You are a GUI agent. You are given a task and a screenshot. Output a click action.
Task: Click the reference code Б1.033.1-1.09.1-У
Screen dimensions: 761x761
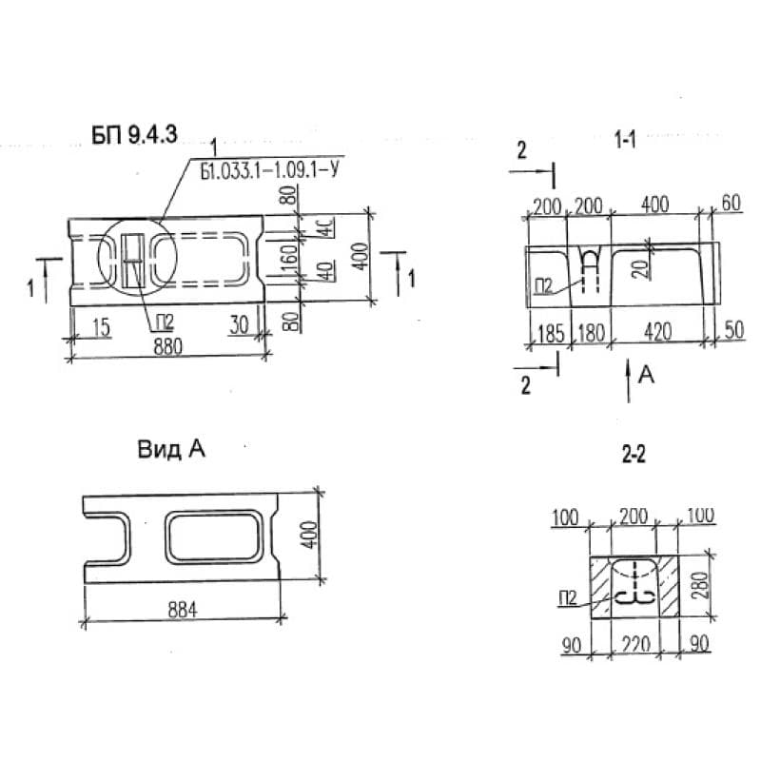click(x=272, y=170)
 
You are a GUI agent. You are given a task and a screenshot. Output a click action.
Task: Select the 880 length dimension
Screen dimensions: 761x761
click(x=166, y=347)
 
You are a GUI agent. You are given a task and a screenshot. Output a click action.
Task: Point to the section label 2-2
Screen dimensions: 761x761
click(x=634, y=456)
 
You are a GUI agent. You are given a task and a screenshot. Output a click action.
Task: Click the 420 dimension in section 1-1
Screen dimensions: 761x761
click(x=657, y=332)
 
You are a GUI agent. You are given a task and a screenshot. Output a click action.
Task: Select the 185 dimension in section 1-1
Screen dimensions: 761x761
click(x=547, y=332)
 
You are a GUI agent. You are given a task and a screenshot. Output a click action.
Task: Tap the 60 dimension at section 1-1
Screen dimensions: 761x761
click(x=730, y=204)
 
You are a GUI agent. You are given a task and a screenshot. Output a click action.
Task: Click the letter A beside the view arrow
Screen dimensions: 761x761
click(x=646, y=377)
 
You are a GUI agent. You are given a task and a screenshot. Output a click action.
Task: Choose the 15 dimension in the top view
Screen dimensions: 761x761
click(x=100, y=327)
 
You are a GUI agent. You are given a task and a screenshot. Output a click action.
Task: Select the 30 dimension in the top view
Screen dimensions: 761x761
click(x=238, y=325)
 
